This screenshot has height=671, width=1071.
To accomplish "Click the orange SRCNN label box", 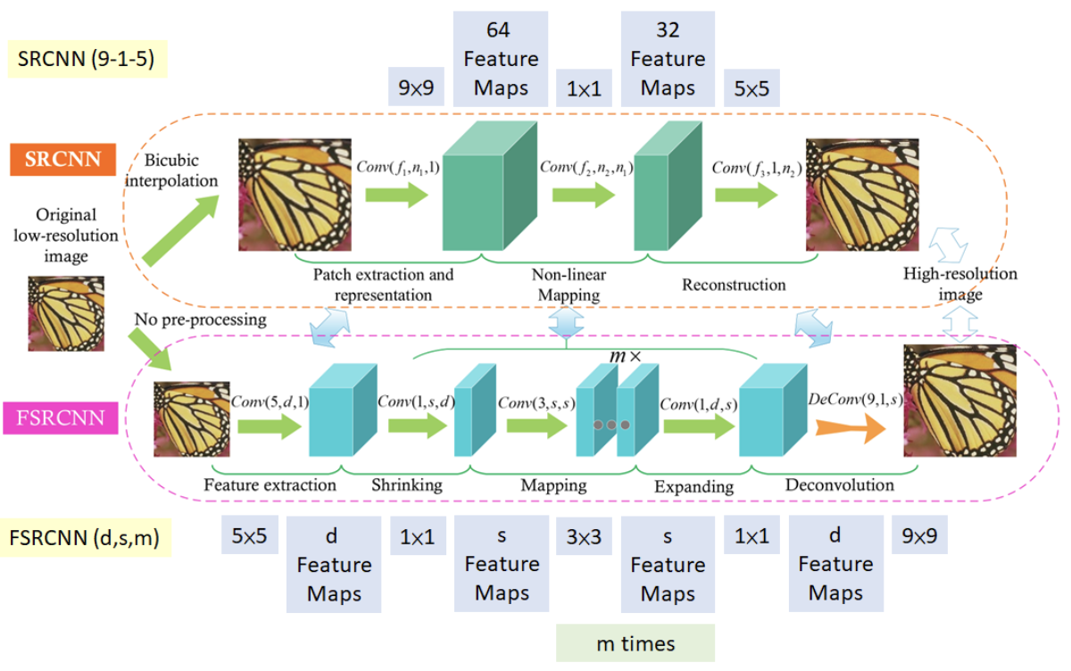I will tap(62, 162).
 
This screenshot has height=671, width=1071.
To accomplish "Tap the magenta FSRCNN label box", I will tap(62, 418).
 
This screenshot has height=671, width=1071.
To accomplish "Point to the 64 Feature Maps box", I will tap(500, 59).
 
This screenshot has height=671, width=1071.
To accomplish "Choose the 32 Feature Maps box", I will tap(668, 59).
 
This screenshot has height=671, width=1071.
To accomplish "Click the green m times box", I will tap(635, 643).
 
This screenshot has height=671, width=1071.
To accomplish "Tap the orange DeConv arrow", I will tap(849, 429).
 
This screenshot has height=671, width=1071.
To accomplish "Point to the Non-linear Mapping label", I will tap(565, 285).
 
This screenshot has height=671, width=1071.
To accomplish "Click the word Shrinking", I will tap(406, 485).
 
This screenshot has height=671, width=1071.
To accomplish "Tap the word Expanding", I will tap(693, 486).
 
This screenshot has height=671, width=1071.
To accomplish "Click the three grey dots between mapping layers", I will tap(611, 425).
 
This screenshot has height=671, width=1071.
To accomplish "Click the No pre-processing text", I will tap(200, 319).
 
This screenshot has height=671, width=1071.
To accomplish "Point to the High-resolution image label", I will tap(959, 284).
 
